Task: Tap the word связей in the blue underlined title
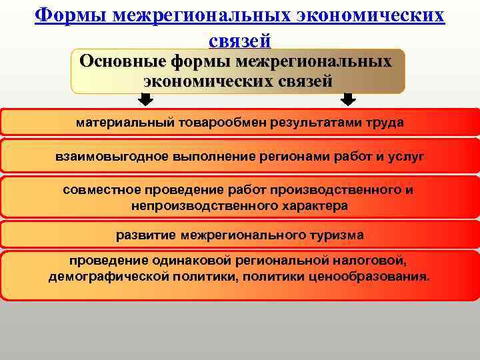(x=239, y=41)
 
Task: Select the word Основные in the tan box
(x=122, y=62)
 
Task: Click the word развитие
(x=143, y=235)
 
